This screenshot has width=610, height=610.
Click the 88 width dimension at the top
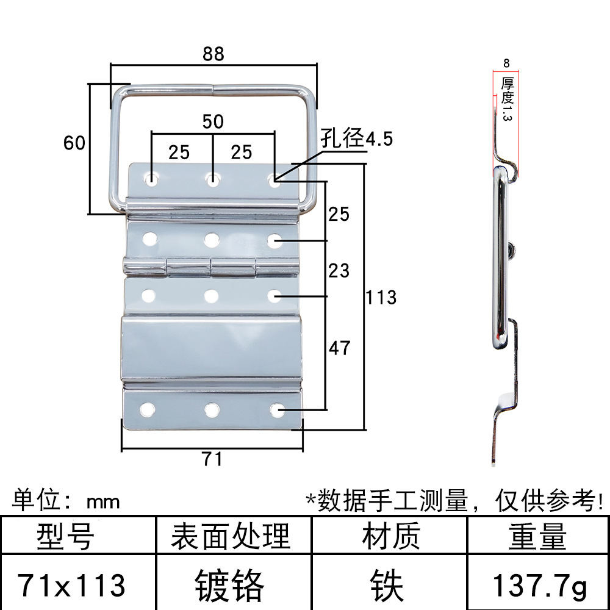pos(213,54)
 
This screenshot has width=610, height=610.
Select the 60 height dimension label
pos(74,143)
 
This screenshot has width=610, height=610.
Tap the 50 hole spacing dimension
pos(213,121)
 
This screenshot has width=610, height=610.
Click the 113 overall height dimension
pos(381,298)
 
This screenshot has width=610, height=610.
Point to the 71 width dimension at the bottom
pos(212,459)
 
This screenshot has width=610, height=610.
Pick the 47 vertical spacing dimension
pos(339,348)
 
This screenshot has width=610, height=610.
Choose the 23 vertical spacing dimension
pos(339,270)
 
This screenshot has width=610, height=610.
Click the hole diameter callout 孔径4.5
pos(356,139)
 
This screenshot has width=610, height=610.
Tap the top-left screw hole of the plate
pos(151,180)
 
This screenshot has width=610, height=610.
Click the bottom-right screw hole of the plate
pos(277,409)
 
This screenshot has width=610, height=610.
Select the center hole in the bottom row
pos(212,409)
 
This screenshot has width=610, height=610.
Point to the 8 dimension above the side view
pos(507,63)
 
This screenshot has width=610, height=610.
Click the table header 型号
pos(65,537)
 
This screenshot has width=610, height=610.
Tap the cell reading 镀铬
pos(230,586)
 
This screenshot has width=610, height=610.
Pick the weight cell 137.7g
pos(539,586)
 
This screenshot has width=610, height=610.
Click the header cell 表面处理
pos(230,537)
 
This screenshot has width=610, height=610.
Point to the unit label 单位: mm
pos(66,501)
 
